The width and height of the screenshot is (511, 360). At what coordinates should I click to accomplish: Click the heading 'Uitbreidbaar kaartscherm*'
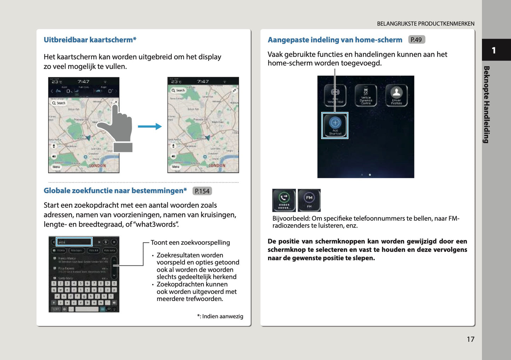point(90,40)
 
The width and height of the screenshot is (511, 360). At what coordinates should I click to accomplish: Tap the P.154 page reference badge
point(202,191)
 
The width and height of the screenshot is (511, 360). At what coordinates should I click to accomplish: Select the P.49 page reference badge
point(416,40)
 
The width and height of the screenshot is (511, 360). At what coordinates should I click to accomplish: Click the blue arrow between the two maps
point(150,127)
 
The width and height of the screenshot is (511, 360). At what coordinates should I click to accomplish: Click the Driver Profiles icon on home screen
point(396,95)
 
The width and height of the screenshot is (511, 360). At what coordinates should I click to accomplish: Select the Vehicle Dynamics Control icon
point(366,95)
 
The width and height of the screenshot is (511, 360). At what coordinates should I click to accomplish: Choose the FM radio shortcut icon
point(309,200)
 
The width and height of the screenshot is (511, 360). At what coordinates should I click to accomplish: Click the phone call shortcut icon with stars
point(284,200)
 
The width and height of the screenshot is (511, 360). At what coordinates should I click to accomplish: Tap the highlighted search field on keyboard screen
point(74,242)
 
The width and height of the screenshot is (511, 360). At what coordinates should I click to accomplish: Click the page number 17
point(470,339)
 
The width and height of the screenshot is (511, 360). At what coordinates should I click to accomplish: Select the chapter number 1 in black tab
point(494,50)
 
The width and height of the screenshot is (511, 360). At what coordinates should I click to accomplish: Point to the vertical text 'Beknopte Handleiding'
point(486,104)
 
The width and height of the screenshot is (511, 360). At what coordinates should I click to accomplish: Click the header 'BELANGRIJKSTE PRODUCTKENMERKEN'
point(425,24)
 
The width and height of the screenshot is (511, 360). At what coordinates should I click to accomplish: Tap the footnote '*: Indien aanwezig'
point(220,316)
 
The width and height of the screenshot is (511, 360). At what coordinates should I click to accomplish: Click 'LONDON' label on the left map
point(97,166)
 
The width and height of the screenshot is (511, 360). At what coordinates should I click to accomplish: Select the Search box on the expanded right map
point(179,91)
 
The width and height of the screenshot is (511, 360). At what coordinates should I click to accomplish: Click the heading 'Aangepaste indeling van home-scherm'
point(335,40)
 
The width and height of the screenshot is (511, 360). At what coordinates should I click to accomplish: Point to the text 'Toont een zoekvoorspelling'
point(190,243)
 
